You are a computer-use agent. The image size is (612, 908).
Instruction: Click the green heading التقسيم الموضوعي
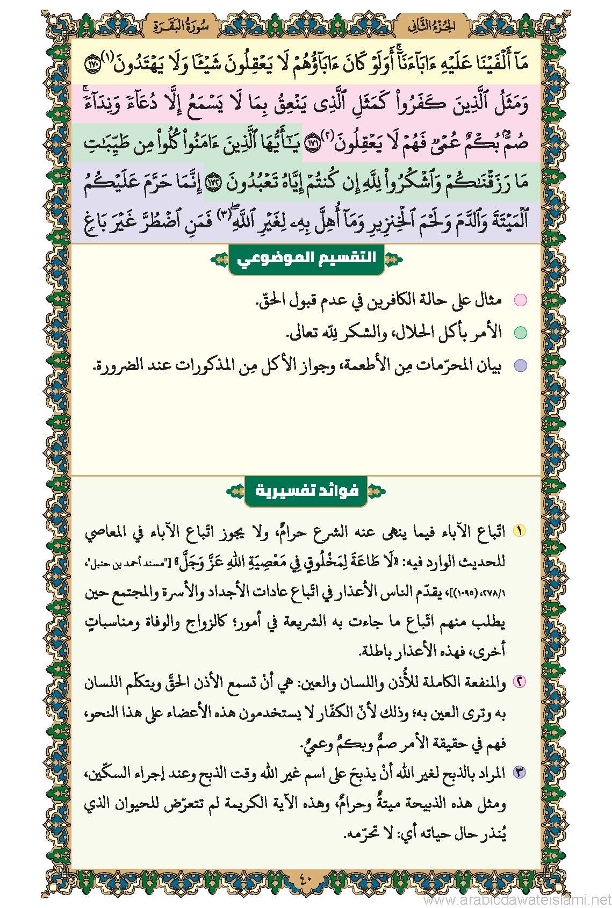[306, 259]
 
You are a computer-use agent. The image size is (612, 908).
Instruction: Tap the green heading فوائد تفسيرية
[306, 491]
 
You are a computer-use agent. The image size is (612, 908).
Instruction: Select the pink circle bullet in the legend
[520, 300]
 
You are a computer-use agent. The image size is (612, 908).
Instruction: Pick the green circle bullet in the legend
[520, 333]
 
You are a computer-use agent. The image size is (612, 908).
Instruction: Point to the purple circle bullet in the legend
[520, 366]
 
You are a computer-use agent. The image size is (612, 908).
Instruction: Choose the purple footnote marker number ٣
[520, 773]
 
